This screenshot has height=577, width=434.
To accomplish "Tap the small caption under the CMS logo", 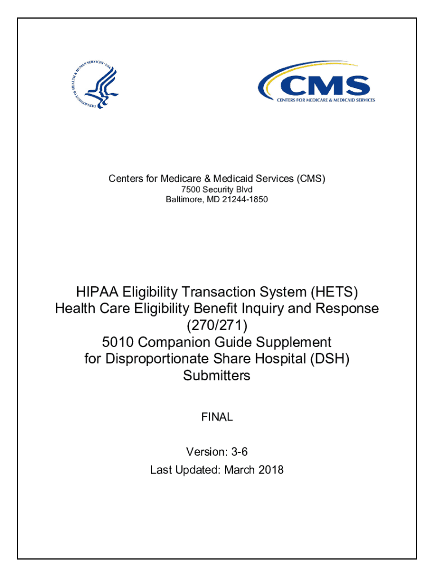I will [325, 100].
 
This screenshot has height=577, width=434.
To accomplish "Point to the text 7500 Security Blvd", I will [216, 189].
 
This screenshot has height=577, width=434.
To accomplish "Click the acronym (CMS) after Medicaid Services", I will [311, 179].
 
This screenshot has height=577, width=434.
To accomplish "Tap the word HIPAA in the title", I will [96, 292].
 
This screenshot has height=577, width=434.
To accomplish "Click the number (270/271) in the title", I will [216, 325].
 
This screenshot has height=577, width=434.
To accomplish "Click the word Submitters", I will [216, 375].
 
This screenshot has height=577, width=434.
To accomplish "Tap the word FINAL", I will [216, 418].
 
